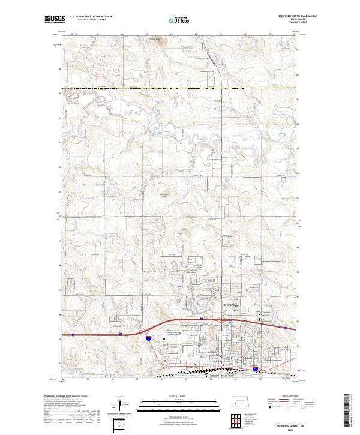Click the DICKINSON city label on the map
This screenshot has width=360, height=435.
[x=231, y=305]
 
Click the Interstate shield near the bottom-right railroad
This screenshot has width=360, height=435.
[x=255, y=369]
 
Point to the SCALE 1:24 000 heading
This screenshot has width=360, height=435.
[x=179, y=396]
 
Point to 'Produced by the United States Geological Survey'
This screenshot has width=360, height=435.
[x=66, y=397]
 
